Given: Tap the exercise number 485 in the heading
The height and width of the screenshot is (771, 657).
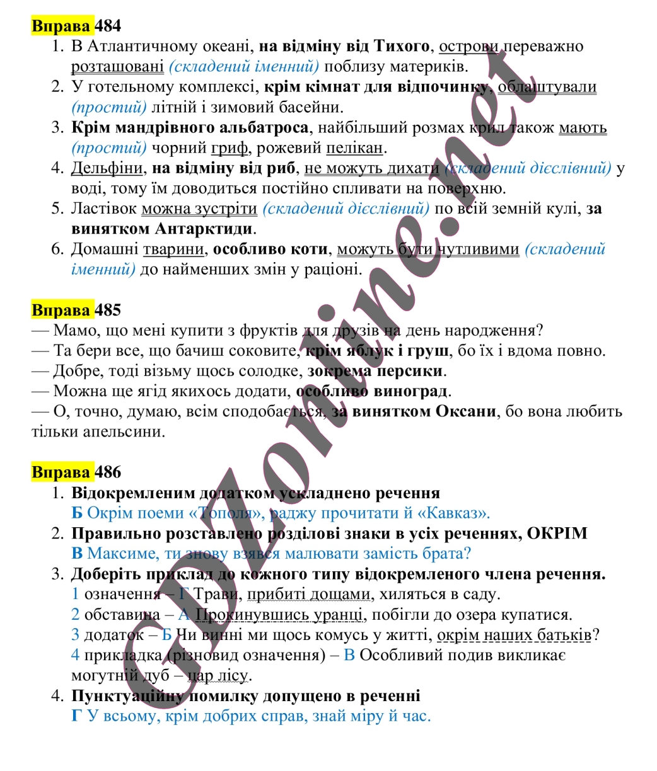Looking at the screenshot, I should (x=107, y=310).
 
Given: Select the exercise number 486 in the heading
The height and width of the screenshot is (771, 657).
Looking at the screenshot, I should (x=107, y=472).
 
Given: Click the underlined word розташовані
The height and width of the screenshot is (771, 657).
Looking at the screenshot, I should (x=117, y=66).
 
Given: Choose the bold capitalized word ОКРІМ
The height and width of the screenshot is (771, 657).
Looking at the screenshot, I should (x=557, y=534).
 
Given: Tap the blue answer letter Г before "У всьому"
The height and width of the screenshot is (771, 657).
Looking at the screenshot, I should (x=77, y=716).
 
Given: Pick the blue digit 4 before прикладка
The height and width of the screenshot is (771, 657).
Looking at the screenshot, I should (x=76, y=655).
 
